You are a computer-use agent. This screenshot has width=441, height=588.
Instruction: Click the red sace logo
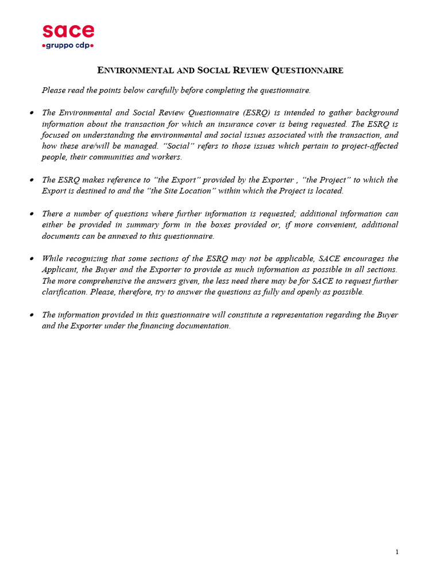coord(68,31)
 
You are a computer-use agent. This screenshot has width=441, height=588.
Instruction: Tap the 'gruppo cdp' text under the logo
coord(68,45)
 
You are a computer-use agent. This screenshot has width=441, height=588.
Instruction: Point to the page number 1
coord(397,552)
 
